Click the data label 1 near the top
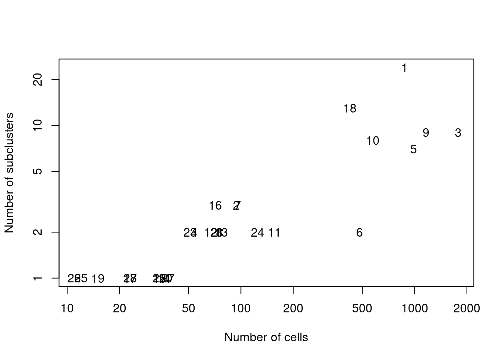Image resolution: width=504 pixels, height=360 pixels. tap(404, 68)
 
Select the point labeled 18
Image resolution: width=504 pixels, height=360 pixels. tap(350, 109)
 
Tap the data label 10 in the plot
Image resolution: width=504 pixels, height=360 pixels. tap(372, 141)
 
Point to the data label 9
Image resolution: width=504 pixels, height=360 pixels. tap(426, 133)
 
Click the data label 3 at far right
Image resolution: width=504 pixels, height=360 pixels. tap(458, 133)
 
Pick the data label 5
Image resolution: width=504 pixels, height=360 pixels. tap(413, 150)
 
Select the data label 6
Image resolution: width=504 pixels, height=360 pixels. tap(359, 233)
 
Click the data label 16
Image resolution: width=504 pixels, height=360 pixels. tap(215, 206)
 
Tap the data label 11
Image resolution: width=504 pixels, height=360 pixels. tap(274, 233)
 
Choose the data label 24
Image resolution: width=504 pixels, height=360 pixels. tap(257, 233)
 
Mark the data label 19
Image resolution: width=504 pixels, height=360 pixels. tap(98, 279)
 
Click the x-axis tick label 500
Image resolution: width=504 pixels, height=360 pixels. tap(362, 309)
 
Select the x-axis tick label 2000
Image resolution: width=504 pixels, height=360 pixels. tap(466, 309)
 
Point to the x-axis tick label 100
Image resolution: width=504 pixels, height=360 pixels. tap(241, 309)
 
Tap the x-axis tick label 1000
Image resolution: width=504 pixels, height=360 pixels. tap(414, 309)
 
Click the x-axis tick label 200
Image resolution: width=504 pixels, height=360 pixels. tap(293, 309)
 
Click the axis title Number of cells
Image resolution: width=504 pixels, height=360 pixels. tap(266, 337)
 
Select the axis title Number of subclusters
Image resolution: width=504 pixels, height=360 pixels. tap(9, 173)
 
